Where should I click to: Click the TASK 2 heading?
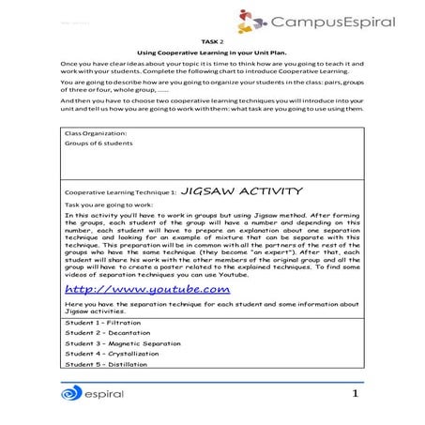[212, 43]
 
